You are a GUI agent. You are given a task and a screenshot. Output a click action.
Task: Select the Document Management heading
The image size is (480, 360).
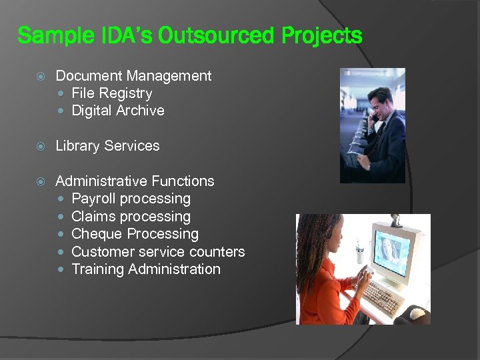[x=133, y=76]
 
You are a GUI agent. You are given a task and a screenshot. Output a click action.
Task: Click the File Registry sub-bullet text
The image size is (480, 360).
[x=111, y=93]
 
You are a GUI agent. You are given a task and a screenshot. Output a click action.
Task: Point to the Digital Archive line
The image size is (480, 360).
[x=117, y=111]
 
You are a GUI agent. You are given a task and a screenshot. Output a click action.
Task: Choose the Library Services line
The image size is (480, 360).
[x=107, y=146]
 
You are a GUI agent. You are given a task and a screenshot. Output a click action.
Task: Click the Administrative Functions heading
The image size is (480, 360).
[x=135, y=181]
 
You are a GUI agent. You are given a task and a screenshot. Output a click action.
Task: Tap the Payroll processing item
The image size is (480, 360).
[x=131, y=199]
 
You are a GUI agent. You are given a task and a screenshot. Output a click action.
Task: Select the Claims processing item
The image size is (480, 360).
[x=131, y=217]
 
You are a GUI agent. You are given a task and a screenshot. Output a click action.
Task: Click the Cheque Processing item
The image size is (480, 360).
[x=135, y=234]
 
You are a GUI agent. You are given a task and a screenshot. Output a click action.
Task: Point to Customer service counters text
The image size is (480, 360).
[x=158, y=252]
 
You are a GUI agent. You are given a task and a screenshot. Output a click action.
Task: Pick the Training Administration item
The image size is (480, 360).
[x=145, y=269]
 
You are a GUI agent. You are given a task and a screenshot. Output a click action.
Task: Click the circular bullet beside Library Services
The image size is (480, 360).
[x=41, y=146]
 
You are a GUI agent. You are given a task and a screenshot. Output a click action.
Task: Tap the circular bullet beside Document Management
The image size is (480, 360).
[x=41, y=76]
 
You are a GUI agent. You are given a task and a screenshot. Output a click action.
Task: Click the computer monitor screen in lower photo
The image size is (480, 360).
[x=393, y=252]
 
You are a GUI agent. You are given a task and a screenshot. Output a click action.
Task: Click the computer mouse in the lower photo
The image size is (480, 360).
[x=417, y=313]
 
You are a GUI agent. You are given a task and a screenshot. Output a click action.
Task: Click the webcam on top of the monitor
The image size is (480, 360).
[x=396, y=219]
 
